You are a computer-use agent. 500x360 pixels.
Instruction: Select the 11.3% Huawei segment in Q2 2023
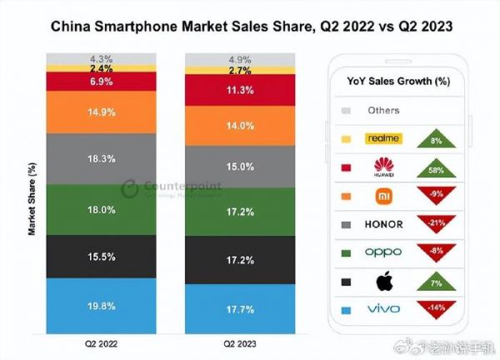240,92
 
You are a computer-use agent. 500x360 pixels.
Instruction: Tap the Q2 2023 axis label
240,343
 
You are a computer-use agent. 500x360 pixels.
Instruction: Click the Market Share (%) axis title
31,200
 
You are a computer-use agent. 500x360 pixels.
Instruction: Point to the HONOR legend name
383,223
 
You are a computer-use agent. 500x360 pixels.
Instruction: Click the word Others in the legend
383,110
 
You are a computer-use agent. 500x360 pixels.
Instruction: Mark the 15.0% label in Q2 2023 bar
240,166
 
